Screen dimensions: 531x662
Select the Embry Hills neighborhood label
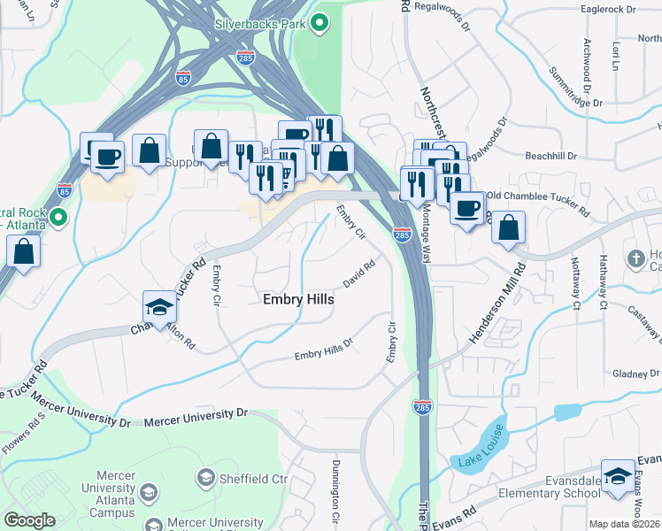[299, 300]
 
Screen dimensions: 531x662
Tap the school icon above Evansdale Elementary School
[618, 474]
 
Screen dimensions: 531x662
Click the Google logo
[29, 520]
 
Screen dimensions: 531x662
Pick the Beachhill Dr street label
[550, 156]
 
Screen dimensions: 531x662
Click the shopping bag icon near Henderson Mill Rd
[508, 227]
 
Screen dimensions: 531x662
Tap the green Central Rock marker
[58, 217]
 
